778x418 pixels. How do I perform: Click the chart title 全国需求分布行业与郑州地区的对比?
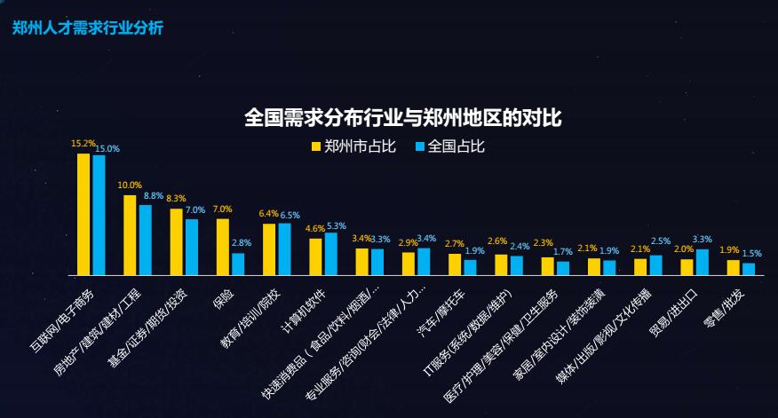[x=402, y=118]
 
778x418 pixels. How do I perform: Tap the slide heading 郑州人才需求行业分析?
[x=87, y=28]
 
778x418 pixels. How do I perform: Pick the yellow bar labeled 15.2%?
[x=83, y=214]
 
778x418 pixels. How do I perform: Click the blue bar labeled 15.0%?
[x=99, y=215]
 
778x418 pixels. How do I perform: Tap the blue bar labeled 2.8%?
[x=238, y=264]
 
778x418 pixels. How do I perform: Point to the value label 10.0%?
[x=130, y=185]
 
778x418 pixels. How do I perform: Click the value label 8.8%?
[x=153, y=195]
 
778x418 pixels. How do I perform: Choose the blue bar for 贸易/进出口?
[x=703, y=262]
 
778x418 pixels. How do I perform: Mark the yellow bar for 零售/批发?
[x=734, y=266]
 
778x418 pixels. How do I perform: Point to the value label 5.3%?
[x=337, y=225]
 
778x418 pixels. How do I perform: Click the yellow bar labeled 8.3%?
[x=176, y=241]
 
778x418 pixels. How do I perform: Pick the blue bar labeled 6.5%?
[x=285, y=248]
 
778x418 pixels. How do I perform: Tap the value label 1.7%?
[x=563, y=252]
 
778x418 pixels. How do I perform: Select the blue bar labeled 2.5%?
[x=656, y=264]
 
